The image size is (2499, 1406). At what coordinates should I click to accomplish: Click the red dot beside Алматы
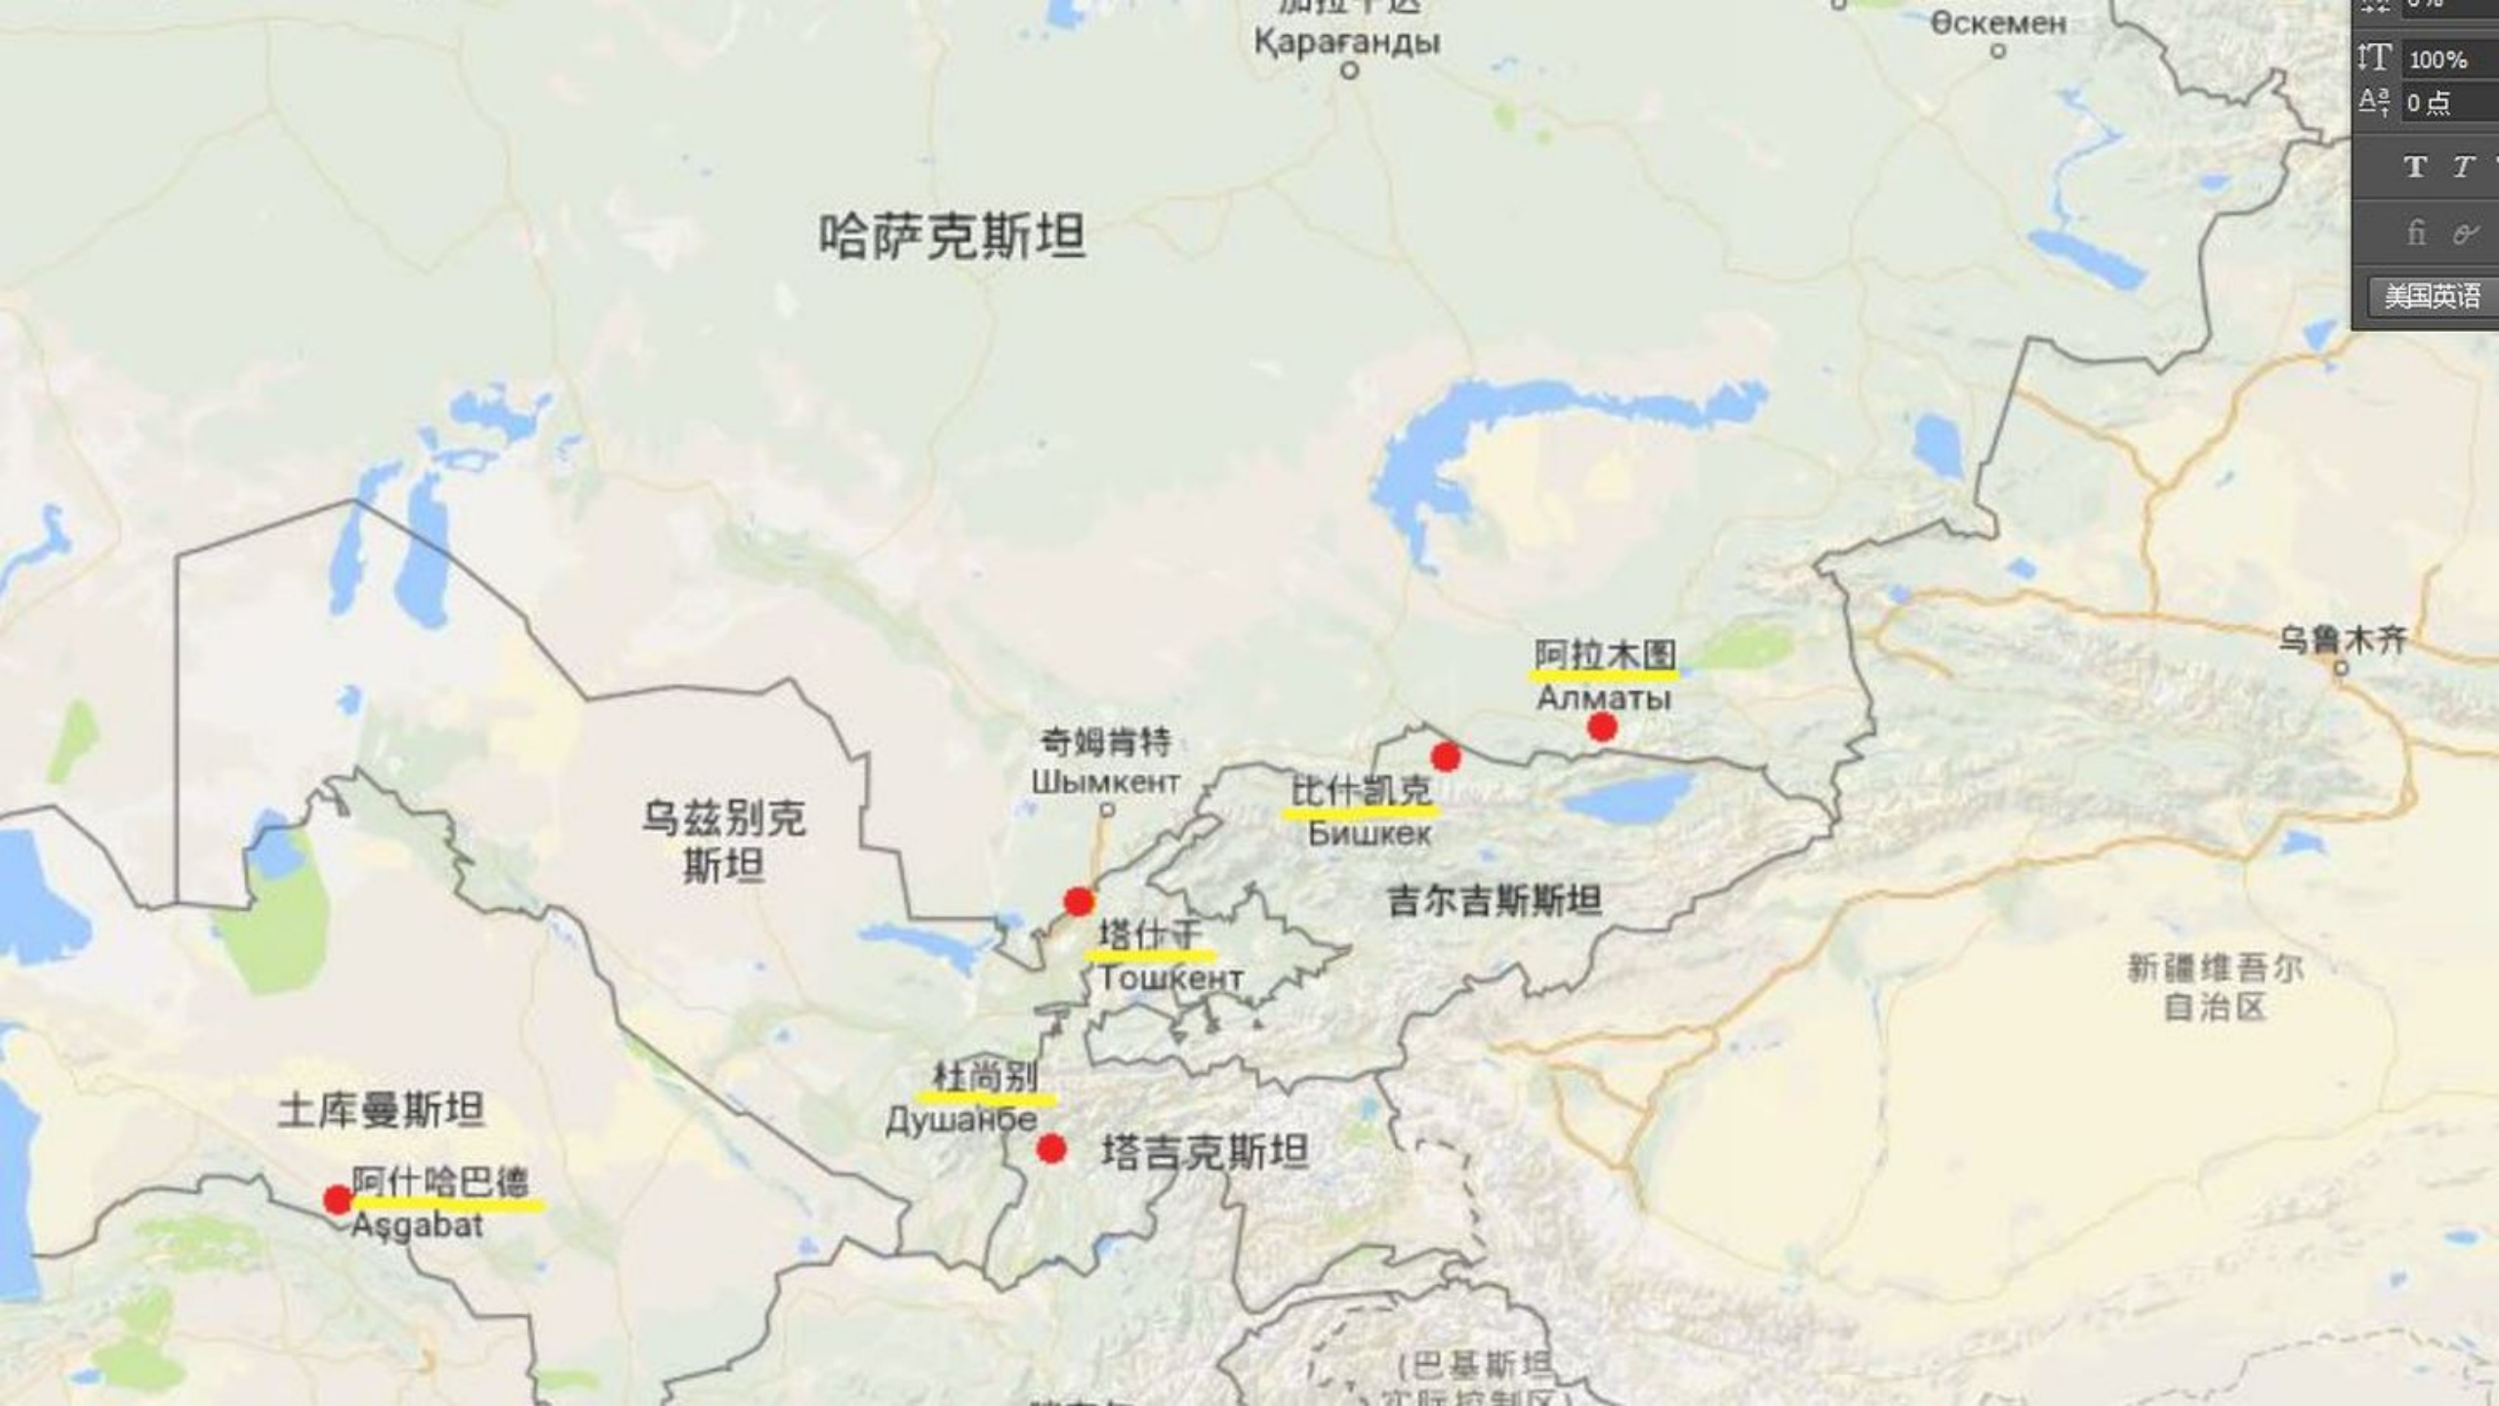click(1602, 726)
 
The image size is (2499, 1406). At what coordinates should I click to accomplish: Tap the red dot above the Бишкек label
click(1446, 756)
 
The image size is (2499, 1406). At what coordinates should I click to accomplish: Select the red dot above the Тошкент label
click(1079, 901)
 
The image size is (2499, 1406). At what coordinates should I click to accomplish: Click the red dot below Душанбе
click(1051, 1149)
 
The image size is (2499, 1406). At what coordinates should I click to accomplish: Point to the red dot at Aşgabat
click(338, 1200)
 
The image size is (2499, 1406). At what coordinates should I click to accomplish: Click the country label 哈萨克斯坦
click(952, 236)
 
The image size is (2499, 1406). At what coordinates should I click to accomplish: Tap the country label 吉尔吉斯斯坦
click(1495, 900)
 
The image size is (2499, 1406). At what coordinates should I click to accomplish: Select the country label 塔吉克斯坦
click(1206, 1152)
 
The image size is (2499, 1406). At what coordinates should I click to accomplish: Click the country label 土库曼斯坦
click(381, 1110)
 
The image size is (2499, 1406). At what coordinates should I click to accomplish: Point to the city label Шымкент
click(1105, 782)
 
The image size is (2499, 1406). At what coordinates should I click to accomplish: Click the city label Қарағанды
click(1347, 43)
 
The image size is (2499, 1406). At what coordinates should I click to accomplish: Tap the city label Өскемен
click(1998, 23)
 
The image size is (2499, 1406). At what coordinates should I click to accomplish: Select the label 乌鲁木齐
click(2343, 641)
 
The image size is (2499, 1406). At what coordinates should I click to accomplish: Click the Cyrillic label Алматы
click(1604, 698)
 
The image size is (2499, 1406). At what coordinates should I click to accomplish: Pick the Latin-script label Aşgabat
click(417, 1226)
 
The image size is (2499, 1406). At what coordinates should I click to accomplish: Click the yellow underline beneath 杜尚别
click(986, 1100)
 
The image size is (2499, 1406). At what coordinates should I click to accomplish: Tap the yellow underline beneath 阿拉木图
click(1604, 674)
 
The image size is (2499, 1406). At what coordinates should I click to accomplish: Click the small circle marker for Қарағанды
click(1350, 70)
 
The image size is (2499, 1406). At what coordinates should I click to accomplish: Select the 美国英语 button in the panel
click(2432, 296)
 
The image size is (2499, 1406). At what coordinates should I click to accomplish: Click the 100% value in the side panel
click(2438, 60)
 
